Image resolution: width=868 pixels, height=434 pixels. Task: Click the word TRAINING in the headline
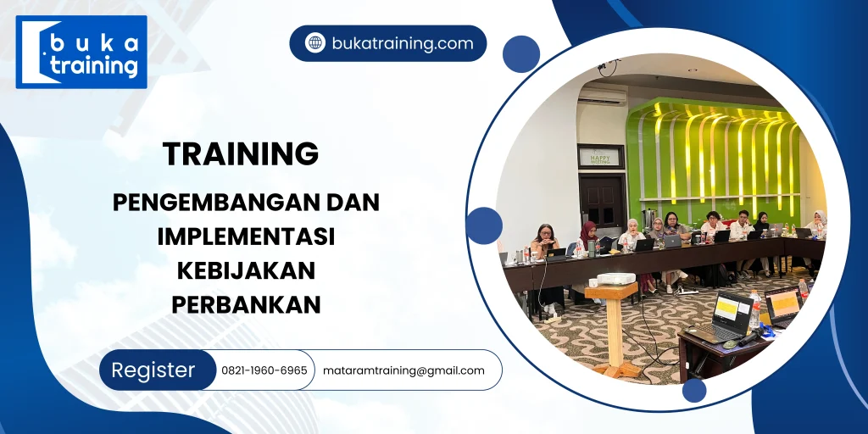241,153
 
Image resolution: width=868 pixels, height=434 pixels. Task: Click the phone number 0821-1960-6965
264,370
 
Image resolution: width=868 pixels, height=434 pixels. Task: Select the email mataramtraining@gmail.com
403,370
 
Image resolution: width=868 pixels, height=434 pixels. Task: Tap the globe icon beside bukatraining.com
315,43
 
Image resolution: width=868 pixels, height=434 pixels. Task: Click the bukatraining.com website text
402,43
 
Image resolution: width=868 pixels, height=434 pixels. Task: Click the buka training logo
81,52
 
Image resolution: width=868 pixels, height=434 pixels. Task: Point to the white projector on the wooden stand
616,279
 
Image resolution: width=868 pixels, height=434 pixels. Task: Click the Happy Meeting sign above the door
599,156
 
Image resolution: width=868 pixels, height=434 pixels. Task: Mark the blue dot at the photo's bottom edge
694,390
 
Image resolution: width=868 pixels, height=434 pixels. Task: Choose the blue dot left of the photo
484,225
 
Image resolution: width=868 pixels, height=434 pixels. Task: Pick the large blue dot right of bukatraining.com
520,53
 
